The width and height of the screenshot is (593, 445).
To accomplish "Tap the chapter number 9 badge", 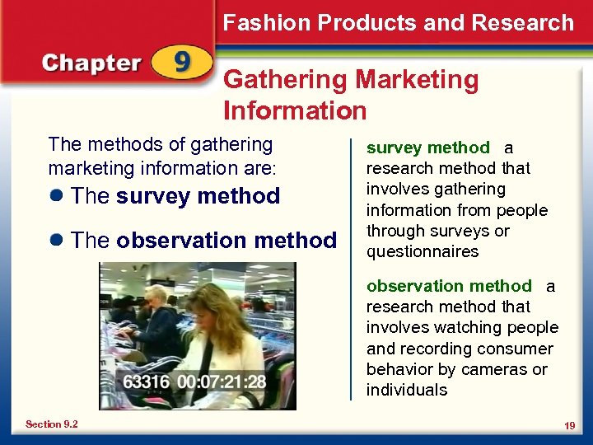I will pos(181,63).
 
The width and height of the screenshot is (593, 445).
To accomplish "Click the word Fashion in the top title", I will pos(266,22).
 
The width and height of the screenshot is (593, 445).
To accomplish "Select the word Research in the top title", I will pos(522,22).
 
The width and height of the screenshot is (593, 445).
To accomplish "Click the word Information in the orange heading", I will pos(294,110).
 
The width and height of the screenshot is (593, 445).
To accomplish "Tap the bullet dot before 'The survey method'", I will pos(56,197).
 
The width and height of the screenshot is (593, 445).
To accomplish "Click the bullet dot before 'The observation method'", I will pos(56,241).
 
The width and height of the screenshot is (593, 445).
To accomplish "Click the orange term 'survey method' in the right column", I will pos(427,148).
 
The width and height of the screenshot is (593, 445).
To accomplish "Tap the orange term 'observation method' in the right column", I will pos(449,286).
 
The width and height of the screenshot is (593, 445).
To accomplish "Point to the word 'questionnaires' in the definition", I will pos(423,251).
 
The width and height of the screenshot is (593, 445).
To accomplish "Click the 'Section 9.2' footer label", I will pos(51,424).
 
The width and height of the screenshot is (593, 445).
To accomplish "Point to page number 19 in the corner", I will pos(569,425).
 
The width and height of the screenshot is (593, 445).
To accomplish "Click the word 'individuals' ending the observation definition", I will pos(407,390).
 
